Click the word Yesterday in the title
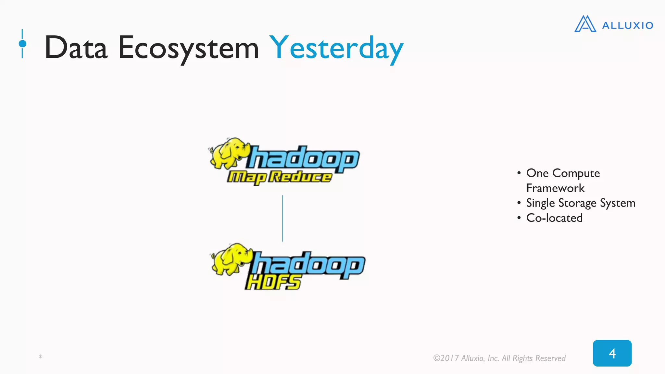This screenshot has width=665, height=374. coord(336,49)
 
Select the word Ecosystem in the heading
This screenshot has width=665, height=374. coord(188,49)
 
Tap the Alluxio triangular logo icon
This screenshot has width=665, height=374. coord(585,24)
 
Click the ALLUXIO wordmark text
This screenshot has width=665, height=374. coord(627,25)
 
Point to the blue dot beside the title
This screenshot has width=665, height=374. coord(22,44)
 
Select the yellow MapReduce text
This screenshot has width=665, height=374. coord(279,177)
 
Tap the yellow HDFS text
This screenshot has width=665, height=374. coord(273,282)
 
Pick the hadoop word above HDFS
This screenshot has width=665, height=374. coord(308,265)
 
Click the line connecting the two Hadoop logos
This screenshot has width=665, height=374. coord(282,218)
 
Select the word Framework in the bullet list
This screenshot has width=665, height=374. coord(555,188)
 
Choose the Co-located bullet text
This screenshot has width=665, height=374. coord(554,218)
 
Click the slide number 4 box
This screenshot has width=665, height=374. coord(612,353)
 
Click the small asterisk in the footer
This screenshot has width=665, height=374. coord(41,357)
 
